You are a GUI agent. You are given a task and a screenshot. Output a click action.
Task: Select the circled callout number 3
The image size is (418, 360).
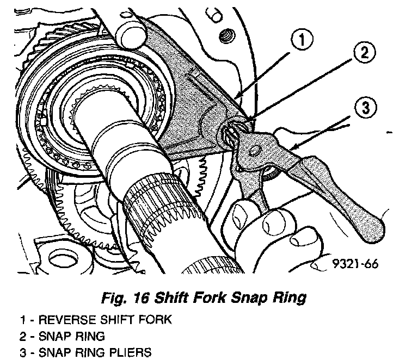coord(364,107)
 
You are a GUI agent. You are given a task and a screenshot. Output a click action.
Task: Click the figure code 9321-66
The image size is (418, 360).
coord(355,264)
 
